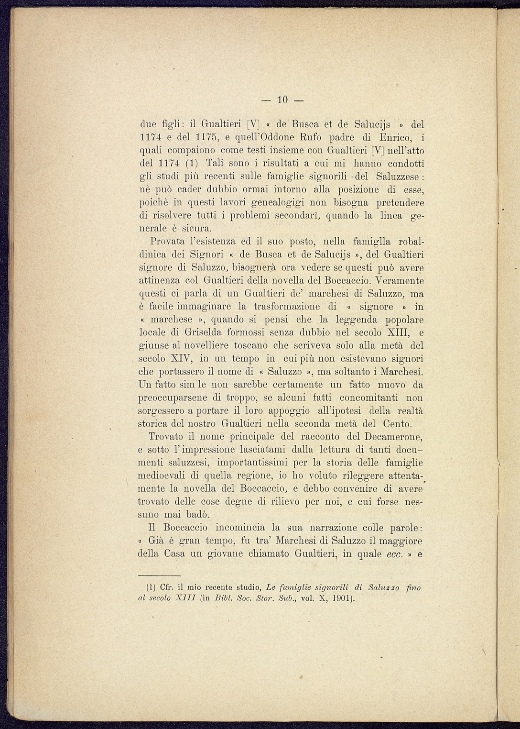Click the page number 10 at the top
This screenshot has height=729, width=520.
(x=282, y=100)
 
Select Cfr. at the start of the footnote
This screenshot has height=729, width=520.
(x=166, y=587)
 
